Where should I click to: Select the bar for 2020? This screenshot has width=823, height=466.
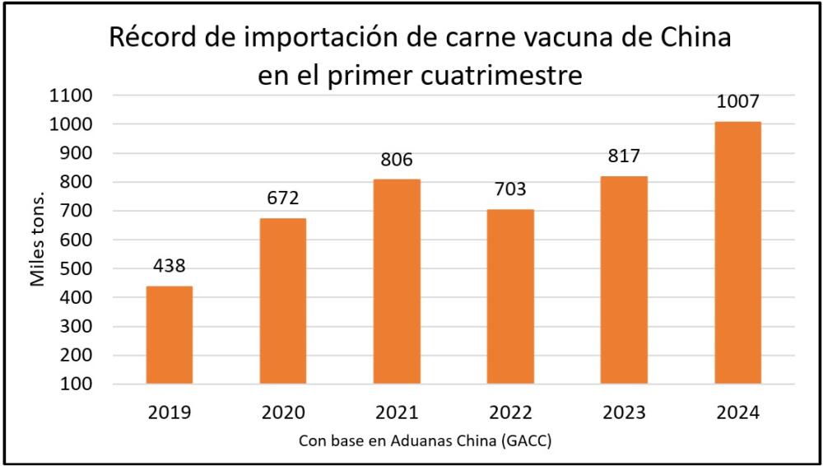[x=282, y=301]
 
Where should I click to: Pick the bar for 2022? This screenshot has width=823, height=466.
[x=510, y=296]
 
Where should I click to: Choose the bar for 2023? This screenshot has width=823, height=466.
[x=624, y=280]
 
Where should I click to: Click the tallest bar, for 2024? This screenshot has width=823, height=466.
[x=737, y=253]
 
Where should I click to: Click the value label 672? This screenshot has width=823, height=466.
[x=282, y=199]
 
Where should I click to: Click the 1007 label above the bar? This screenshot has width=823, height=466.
[x=737, y=102]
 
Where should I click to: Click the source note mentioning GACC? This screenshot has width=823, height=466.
[x=425, y=441]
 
